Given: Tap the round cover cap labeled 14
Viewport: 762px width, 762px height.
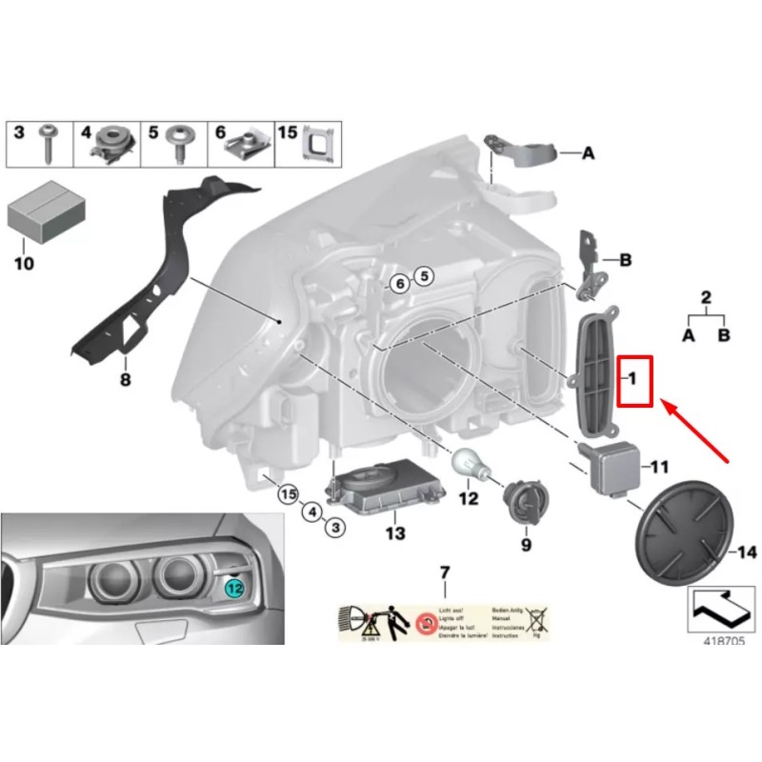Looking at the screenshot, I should pos(678,539).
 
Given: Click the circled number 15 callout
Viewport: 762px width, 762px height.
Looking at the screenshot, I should pos(288,493).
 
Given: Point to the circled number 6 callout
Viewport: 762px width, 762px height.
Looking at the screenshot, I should pos(400,283).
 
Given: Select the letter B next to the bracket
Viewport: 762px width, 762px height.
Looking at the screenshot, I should pos(626,259).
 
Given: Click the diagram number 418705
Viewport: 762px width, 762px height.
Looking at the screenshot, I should pos(725,640).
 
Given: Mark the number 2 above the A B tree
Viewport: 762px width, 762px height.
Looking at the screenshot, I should pos(706,297).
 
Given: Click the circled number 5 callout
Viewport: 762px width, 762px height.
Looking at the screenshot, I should pos(424,276).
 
